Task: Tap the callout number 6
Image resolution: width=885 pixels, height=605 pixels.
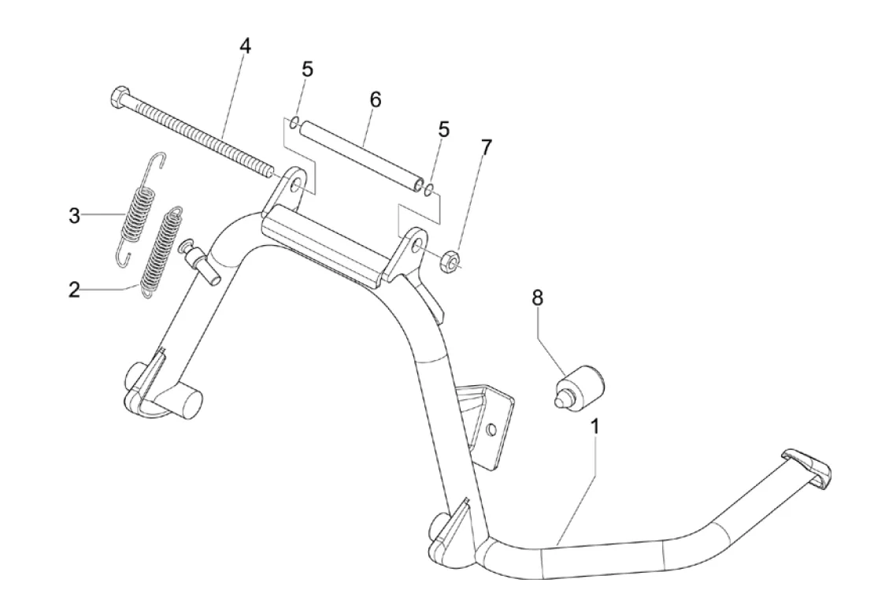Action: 375,100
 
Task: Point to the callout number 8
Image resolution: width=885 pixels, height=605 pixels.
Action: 537,298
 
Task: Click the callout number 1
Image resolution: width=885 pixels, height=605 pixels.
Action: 595,427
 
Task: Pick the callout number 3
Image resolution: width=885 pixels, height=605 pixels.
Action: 74,216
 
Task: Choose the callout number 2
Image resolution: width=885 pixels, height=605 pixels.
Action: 74,290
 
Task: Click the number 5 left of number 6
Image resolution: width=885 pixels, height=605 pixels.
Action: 307,69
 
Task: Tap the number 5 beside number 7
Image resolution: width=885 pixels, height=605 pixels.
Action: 444,130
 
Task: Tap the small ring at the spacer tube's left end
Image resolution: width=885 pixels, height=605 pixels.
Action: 292,122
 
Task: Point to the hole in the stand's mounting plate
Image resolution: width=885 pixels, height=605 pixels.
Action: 491,429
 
